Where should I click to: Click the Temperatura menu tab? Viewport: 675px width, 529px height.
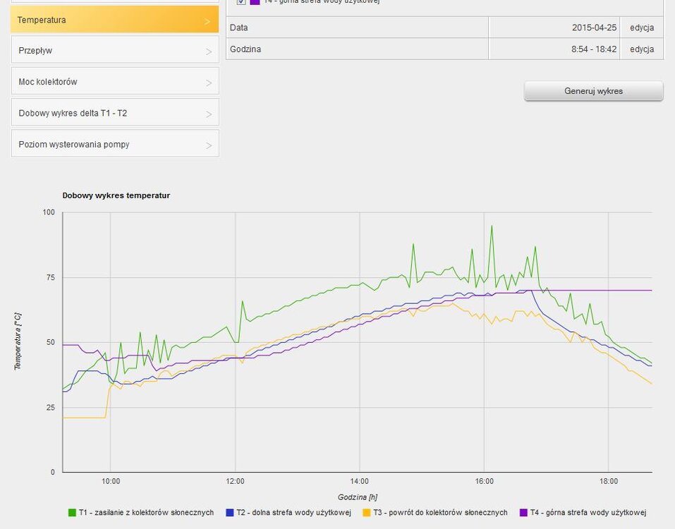point(114,20)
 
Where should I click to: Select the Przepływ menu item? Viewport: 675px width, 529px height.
point(114,51)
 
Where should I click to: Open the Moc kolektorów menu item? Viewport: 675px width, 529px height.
point(114,82)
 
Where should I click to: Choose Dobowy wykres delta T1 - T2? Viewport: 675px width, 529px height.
point(114,113)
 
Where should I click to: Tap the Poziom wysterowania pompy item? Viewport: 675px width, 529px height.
point(114,144)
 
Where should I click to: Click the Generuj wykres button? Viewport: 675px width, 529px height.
point(593,91)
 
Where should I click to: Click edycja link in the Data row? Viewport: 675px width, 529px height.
point(642,28)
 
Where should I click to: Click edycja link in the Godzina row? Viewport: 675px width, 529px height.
point(642,49)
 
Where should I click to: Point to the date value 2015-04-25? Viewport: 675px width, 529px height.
point(595,28)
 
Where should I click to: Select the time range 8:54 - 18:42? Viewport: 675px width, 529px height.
point(594,49)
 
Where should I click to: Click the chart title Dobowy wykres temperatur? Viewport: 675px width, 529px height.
point(116,195)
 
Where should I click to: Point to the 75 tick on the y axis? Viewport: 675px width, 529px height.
point(49,278)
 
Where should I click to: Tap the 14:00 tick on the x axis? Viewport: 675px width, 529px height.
point(360,481)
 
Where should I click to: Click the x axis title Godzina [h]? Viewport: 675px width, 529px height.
point(358,497)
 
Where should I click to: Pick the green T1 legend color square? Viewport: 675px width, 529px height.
point(72,513)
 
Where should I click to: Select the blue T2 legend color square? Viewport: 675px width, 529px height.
point(229,513)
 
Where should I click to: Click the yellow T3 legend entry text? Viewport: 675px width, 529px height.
point(440,513)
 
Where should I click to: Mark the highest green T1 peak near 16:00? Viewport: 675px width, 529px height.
point(492,226)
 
